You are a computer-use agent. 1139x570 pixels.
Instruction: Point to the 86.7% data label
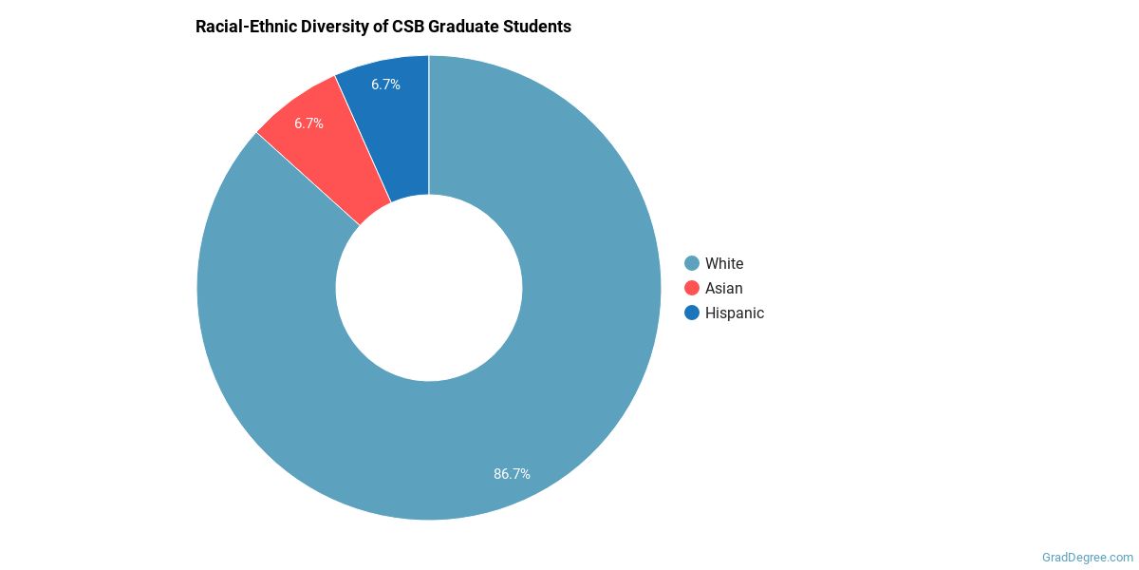click(x=512, y=473)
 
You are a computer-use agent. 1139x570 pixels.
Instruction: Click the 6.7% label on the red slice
click(x=308, y=123)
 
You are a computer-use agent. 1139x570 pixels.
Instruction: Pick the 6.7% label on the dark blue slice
click(x=385, y=85)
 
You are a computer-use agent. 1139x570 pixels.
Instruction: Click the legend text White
click(x=724, y=263)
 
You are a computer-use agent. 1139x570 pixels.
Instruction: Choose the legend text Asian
click(x=724, y=288)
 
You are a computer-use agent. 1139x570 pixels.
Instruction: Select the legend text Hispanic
click(x=735, y=313)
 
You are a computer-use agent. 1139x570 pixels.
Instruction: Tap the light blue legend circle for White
click(x=692, y=263)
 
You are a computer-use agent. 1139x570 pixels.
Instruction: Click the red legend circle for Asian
click(x=692, y=288)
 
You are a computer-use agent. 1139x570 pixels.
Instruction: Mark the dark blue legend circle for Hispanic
click(x=692, y=313)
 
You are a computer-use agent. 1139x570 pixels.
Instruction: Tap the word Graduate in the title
click(x=465, y=27)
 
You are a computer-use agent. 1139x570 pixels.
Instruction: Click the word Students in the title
click(x=539, y=27)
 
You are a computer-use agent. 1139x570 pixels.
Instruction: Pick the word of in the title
click(x=381, y=27)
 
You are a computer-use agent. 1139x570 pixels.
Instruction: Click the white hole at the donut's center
click(x=429, y=288)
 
